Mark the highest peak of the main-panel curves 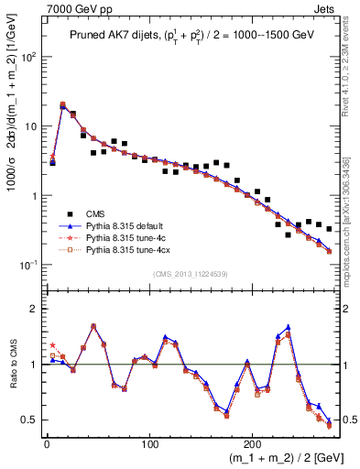coord(62,104)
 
